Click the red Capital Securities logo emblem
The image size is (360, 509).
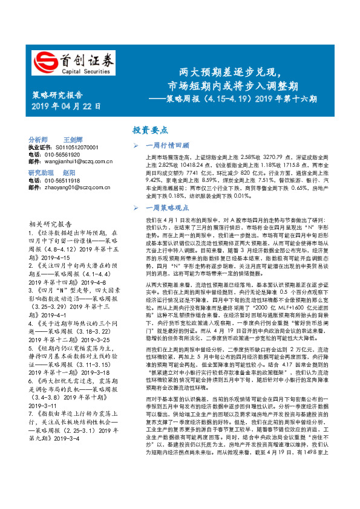(44, 60)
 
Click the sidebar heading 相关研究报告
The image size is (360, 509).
(50, 223)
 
